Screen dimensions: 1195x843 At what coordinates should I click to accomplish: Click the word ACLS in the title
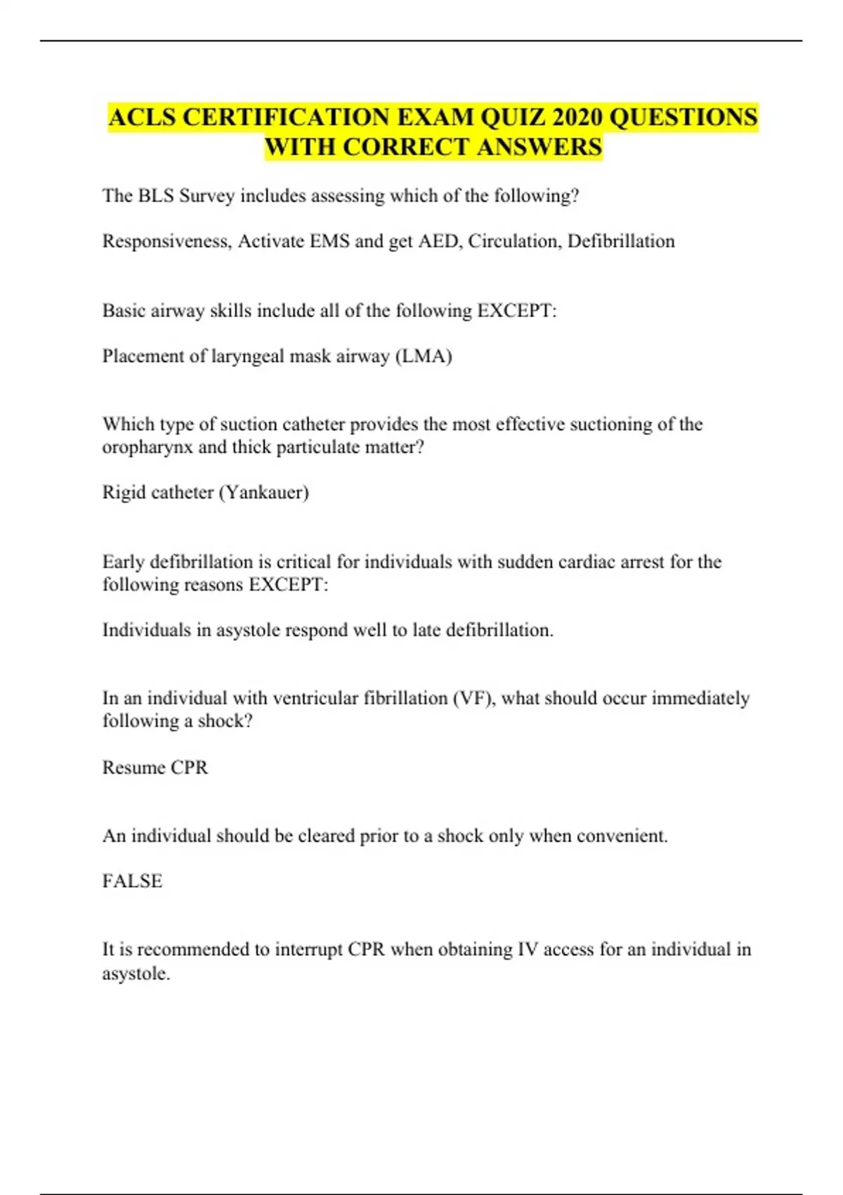point(143,117)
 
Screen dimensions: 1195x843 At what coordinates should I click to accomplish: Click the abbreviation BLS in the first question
point(155,195)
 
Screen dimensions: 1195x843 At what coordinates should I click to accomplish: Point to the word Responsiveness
point(166,241)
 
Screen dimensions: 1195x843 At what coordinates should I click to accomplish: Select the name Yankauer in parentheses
point(263,492)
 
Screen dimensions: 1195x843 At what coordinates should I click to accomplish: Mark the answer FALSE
point(132,881)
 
